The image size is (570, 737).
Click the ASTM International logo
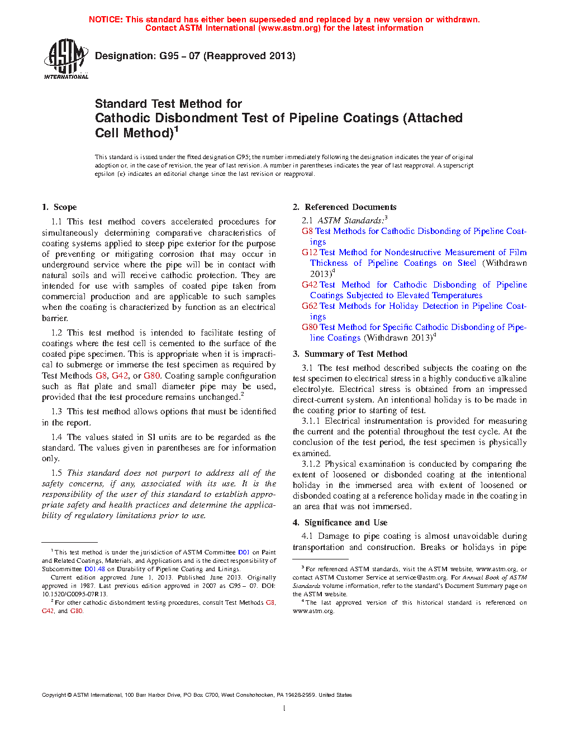[x=66, y=58]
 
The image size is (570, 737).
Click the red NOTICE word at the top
[x=105, y=20]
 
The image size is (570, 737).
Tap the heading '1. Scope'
[x=59, y=207]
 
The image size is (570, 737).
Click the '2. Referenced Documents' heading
[x=344, y=207]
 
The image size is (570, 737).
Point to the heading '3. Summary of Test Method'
[x=350, y=354]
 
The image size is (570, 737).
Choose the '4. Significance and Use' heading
[x=340, y=523]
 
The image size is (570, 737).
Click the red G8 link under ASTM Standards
[x=307, y=231]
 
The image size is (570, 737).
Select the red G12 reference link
[x=310, y=252]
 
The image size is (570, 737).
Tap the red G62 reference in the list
[x=310, y=306]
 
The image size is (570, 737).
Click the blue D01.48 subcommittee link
[x=94, y=569]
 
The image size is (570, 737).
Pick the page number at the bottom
[x=284, y=709]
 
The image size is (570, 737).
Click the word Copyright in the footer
[x=54, y=695]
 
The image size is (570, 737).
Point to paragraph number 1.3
[x=56, y=411]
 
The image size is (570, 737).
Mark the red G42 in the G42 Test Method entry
[x=310, y=285]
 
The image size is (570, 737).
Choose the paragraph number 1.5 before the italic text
[x=56, y=473]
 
